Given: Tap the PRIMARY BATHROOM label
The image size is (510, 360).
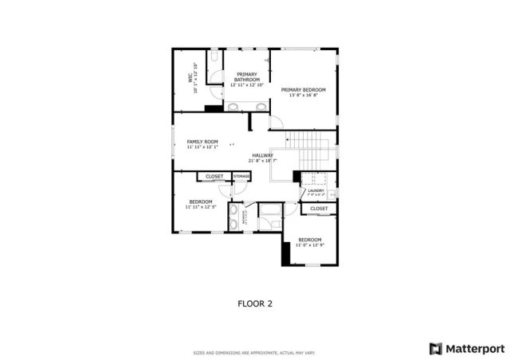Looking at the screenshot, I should [x=246, y=77].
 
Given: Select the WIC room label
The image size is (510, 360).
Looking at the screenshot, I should [x=190, y=78].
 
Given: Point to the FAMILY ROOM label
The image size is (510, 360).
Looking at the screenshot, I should [x=202, y=142].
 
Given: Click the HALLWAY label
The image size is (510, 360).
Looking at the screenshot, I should [x=262, y=155].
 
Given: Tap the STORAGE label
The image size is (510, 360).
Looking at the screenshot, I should [x=241, y=176].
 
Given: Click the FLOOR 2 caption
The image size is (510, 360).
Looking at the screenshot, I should [x=254, y=303].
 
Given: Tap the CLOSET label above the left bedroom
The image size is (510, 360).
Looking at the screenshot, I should [x=214, y=176].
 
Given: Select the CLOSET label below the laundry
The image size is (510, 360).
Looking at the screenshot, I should [x=319, y=209].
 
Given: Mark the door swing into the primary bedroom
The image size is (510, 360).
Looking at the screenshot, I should [x=276, y=122].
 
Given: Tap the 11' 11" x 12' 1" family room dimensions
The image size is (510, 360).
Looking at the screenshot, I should [x=202, y=147].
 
